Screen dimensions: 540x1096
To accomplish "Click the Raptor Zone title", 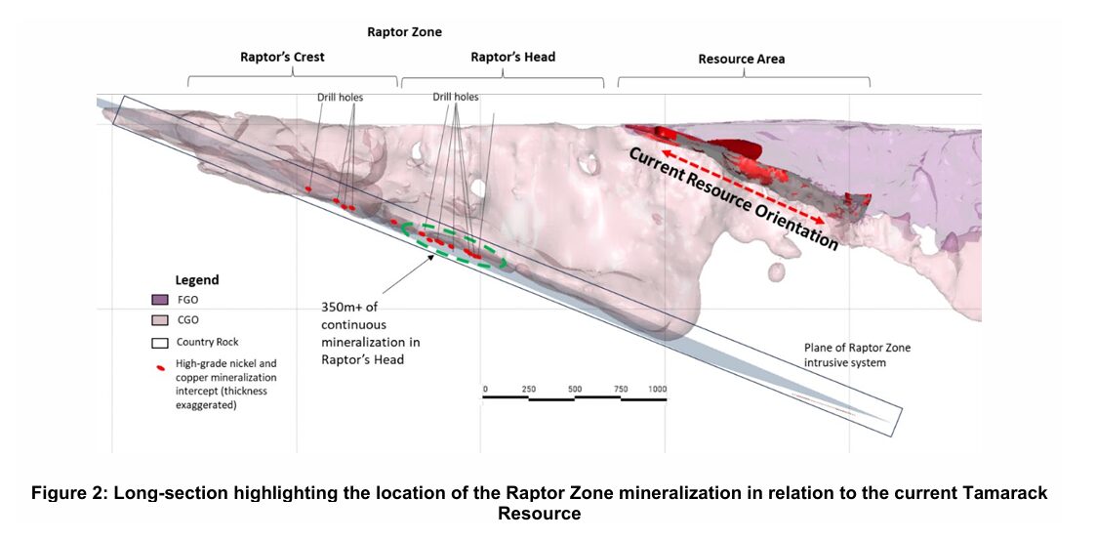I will pyautogui.click(x=404, y=32).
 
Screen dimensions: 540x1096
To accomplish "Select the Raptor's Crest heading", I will pyautogui.click(x=282, y=57).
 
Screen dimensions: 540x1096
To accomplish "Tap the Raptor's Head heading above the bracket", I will pyautogui.click(x=512, y=57).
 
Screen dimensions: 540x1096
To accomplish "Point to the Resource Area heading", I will pyautogui.click(x=741, y=59).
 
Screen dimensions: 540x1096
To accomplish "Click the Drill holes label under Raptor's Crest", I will pyautogui.click(x=339, y=98).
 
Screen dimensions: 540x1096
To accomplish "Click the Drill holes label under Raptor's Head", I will pyautogui.click(x=455, y=98).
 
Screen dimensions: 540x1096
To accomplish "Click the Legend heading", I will pyautogui.click(x=196, y=280).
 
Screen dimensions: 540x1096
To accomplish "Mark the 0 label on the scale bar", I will pyautogui.click(x=485, y=389).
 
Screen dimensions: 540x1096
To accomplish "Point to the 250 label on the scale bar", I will pyautogui.click(x=528, y=389).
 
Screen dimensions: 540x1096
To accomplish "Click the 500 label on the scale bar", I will pyautogui.click(x=575, y=389).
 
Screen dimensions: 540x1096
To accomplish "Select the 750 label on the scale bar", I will pyautogui.click(x=621, y=389).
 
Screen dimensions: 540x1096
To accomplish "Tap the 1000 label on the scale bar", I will pyautogui.click(x=658, y=389).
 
